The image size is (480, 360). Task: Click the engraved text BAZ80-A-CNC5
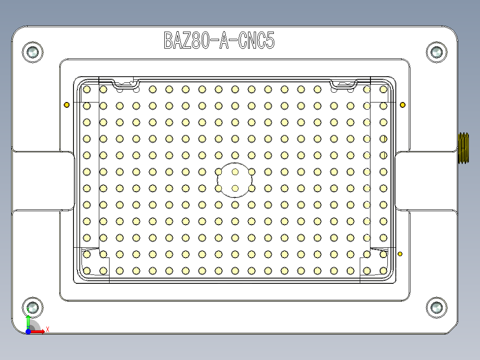coord(219,41)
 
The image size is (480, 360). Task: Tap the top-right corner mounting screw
coord(436,53)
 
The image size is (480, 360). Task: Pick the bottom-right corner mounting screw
coord(436,307)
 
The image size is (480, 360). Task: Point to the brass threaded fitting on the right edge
coord(464,148)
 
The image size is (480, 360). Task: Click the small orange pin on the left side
coord(67,105)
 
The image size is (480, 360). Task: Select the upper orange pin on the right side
coord(403,105)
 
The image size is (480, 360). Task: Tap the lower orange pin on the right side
coord(400,254)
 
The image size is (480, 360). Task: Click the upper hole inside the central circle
coord(235,172)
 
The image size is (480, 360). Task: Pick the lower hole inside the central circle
coord(235,188)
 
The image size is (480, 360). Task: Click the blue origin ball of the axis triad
coord(28,331)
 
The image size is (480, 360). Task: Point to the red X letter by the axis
coord(48,329)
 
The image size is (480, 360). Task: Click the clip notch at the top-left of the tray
coord(125,83)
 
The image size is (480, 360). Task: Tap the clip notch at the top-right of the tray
coord(344,83)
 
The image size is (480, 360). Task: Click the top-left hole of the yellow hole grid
coord(87,90)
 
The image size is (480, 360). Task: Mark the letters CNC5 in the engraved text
coord(256,41)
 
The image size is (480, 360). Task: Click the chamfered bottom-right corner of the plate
coord(452,329)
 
